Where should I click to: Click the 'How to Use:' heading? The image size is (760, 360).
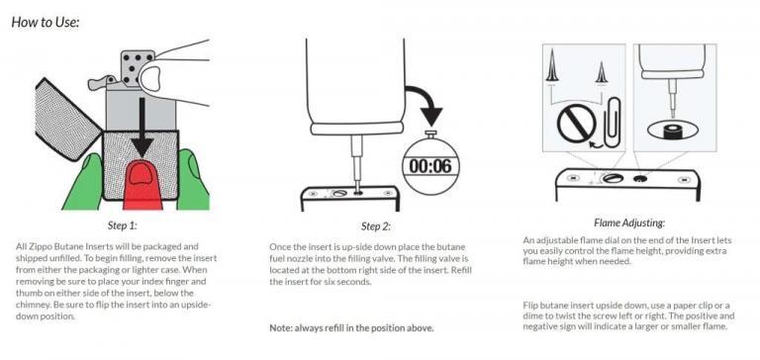point(46,22)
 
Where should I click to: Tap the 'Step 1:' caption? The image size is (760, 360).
point(122,225)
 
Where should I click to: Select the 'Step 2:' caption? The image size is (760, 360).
point(376,226)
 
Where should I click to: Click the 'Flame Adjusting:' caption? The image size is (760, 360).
point(629,223)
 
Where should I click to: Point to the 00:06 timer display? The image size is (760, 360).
point(429,166)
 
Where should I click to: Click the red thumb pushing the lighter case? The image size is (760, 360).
point(142,186)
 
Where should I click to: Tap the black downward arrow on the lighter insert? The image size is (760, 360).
point(142,128)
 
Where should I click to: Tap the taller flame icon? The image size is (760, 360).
point(551,67)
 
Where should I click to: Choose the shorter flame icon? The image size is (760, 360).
point(601,72)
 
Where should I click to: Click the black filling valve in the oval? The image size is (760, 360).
point(674,132)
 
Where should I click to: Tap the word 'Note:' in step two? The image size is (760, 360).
point(280,328)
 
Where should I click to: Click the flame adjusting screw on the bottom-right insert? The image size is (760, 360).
point(611,178)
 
